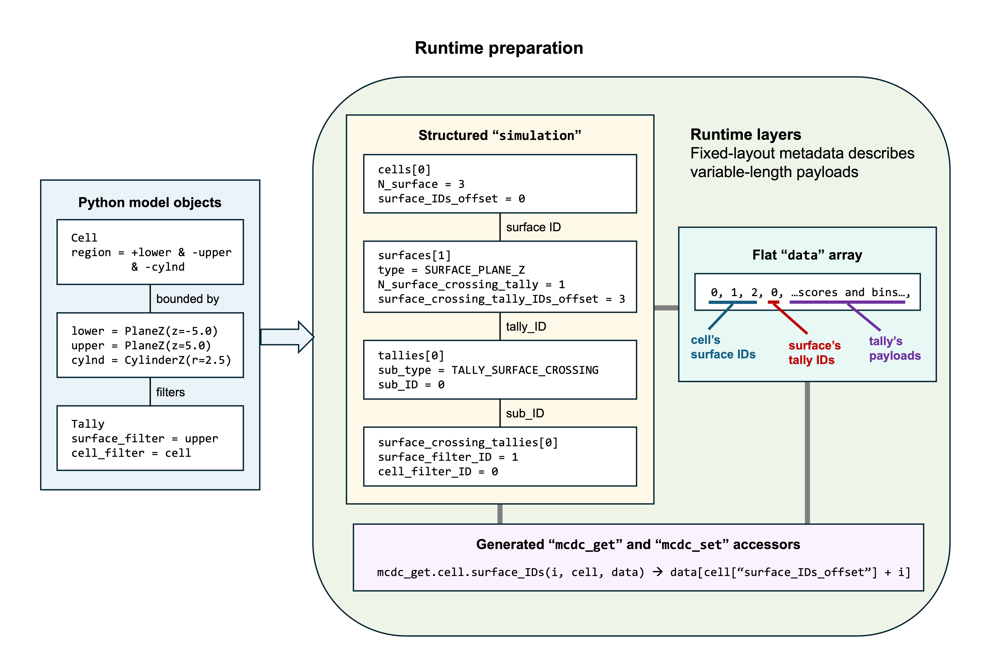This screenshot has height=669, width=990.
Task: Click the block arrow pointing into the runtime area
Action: (287, 337)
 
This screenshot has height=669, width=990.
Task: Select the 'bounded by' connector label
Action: (187, 299)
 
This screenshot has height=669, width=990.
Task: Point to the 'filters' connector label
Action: (170, 392)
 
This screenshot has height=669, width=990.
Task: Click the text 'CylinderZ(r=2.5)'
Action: (178, 360)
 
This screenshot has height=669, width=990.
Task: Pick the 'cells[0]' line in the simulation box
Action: (404, 170)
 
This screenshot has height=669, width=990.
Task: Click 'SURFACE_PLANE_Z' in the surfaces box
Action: (475, 270)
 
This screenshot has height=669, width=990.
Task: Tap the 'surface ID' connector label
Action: (533, 227)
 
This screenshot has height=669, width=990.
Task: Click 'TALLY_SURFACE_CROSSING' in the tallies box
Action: (525, 370)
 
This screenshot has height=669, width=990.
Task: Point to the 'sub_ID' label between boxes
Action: (525, 413)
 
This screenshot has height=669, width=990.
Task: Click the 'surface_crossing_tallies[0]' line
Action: (468, 442)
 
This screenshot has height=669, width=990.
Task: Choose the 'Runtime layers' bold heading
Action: (746, 135)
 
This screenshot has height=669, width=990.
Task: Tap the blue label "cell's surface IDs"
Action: (723, 347)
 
